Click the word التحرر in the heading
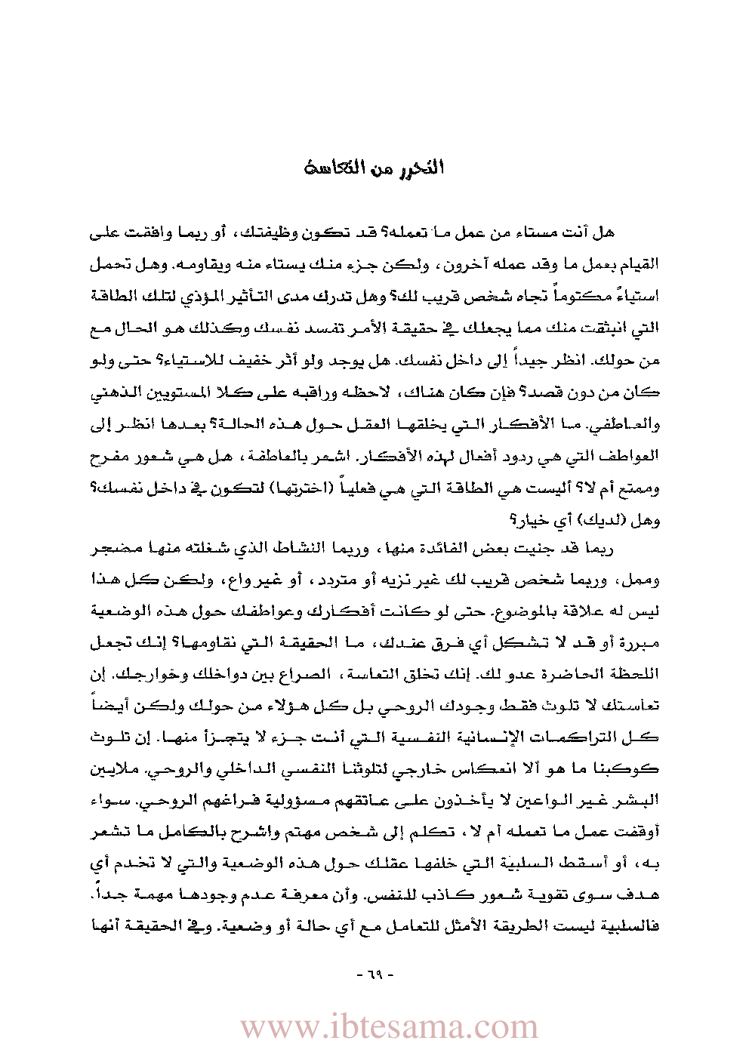[424, 168]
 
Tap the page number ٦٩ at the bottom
[375, 974]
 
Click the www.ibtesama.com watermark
[389, 1027]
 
